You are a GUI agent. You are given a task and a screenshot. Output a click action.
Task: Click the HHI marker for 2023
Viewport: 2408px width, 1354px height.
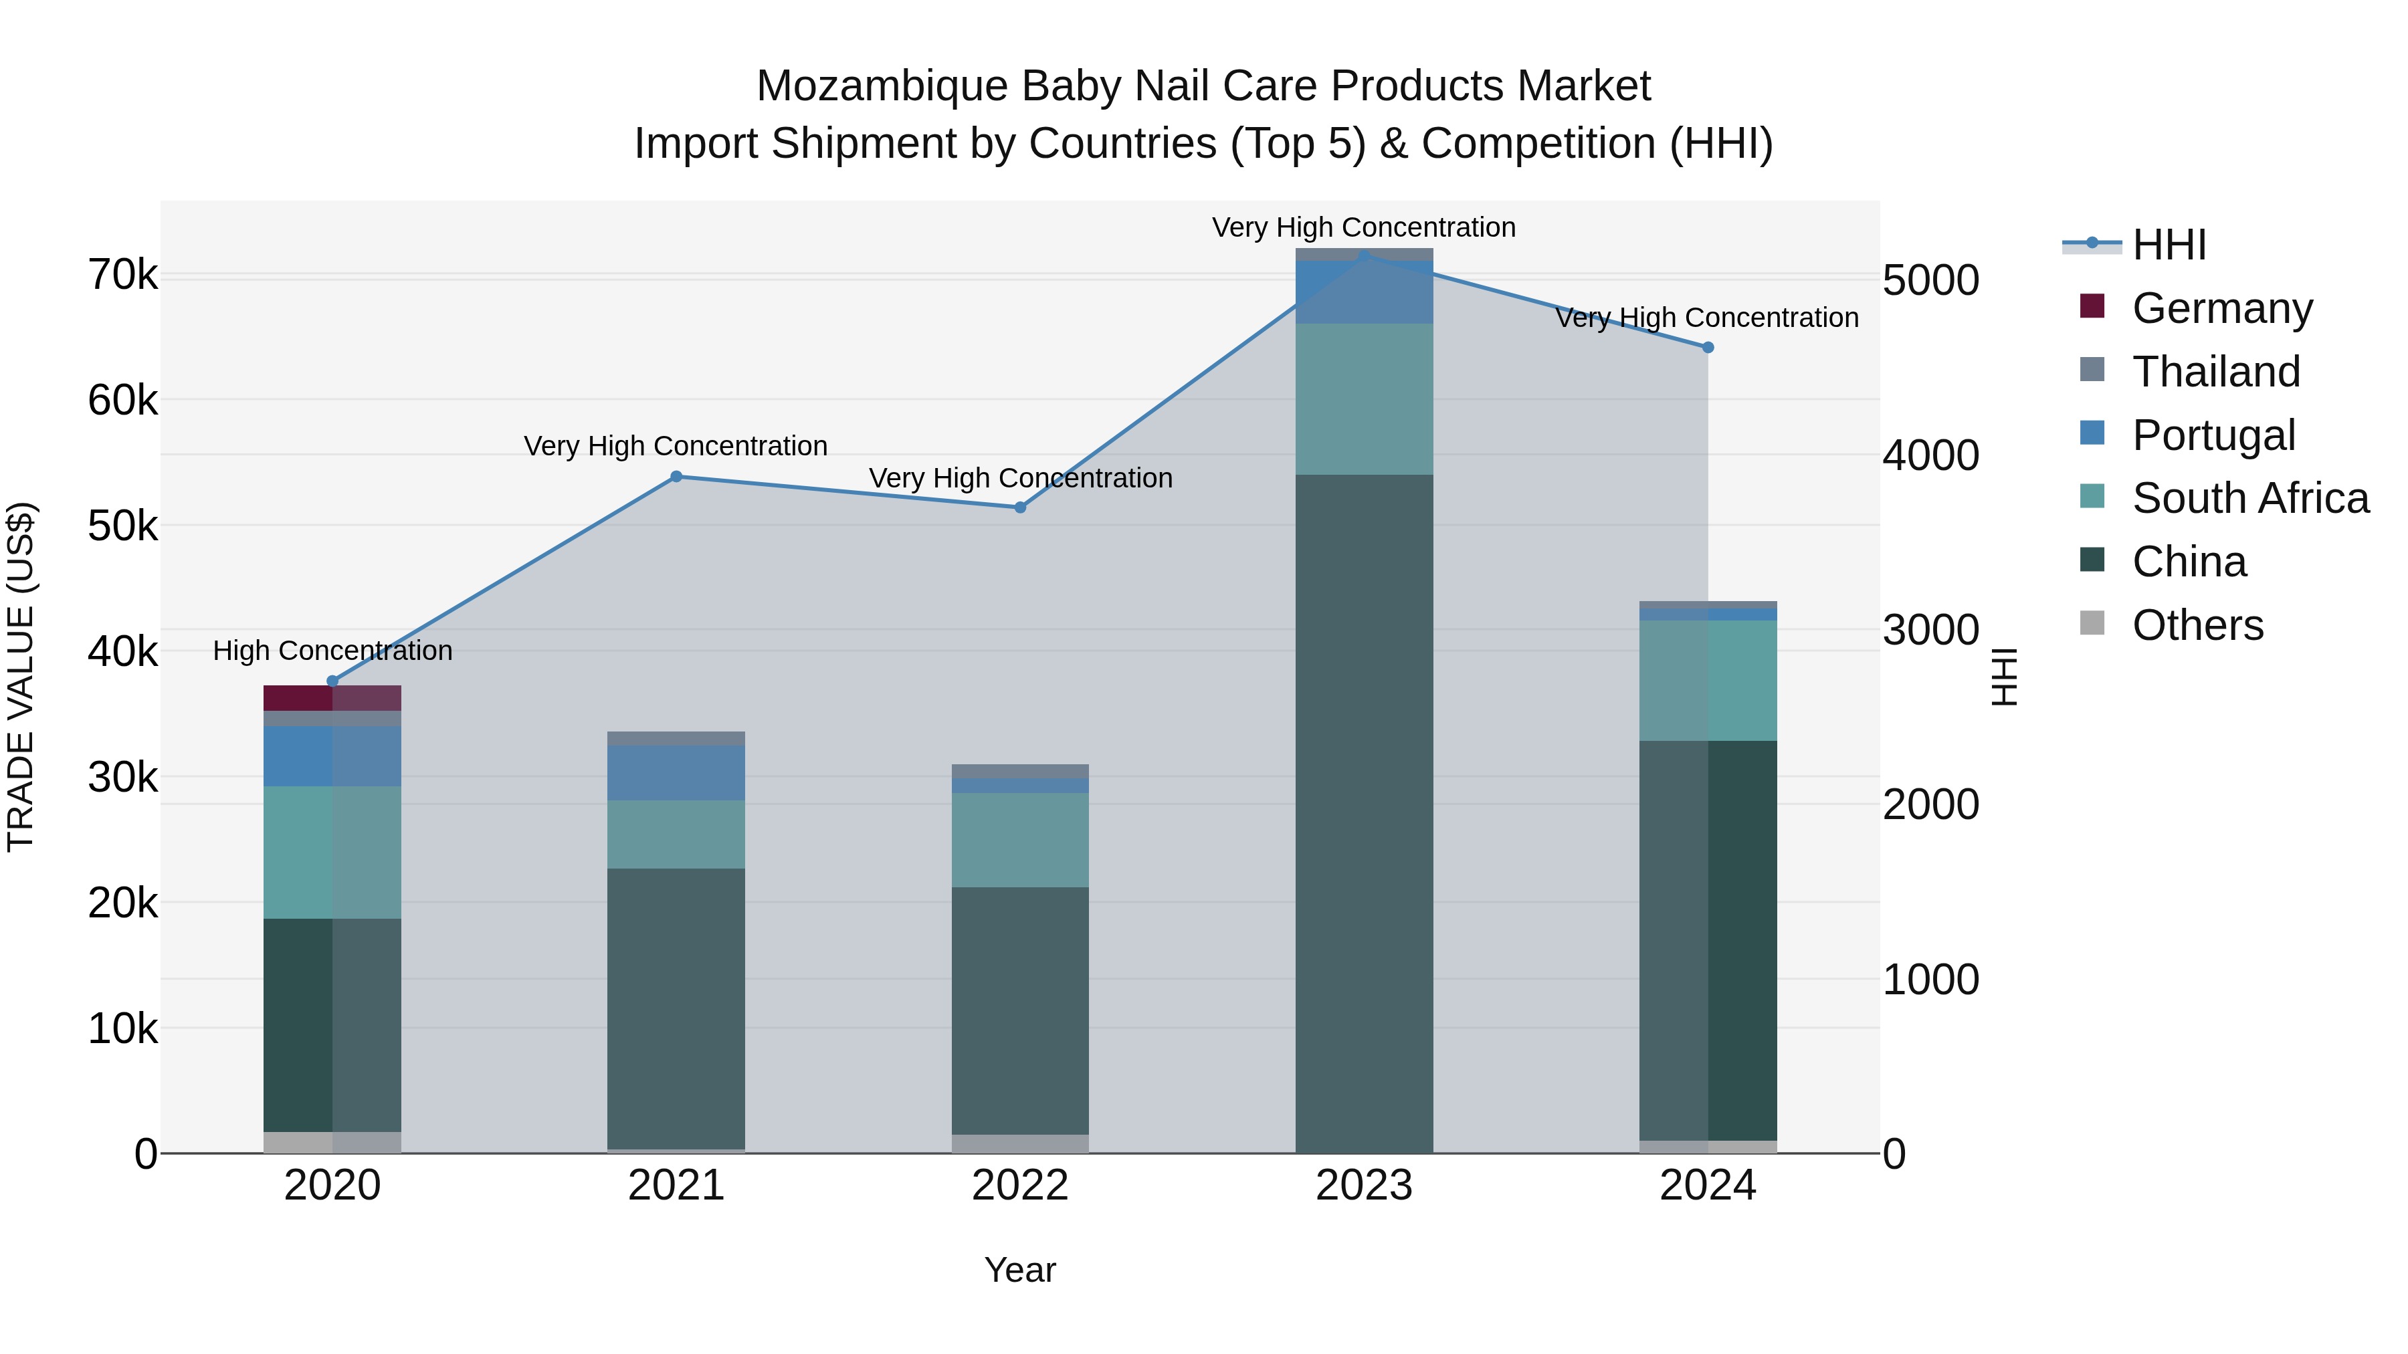[x=1364, y=256]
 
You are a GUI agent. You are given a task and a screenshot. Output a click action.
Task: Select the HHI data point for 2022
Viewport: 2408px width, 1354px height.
[x=1020, y=507]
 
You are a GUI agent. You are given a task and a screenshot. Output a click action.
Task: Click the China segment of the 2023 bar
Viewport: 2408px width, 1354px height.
[x=1364, y=813]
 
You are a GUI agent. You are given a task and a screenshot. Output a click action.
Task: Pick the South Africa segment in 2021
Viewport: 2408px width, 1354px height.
[x=676, y=834]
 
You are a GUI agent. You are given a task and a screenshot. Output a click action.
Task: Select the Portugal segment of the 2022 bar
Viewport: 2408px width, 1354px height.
[x=1020, y=786]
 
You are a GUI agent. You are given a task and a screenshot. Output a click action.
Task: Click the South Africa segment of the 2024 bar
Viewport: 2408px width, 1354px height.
[x=1708, y=680]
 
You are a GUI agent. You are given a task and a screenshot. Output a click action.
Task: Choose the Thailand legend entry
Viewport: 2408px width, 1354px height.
[x=2215, y=371]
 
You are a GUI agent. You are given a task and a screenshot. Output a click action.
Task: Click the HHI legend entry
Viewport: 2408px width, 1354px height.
[x=2169, y=245]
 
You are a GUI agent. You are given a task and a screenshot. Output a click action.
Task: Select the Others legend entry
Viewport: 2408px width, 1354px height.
[x=2197, y=625]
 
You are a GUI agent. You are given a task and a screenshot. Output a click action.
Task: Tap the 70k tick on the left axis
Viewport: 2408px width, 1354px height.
[x=122, y=275]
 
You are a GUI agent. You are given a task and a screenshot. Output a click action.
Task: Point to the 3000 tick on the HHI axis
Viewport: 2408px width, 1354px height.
[x=1930, y=631]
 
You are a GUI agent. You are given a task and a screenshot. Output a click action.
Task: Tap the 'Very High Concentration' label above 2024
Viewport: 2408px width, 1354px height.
[x=1707, y=318]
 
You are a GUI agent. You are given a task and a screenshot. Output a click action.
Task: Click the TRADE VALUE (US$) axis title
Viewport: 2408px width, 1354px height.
[x=21, y=677]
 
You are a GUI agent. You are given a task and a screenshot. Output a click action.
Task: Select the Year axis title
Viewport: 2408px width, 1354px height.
[x=1020, y=1270]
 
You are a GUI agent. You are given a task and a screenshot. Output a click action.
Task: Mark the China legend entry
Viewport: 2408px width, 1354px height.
[x=2189, y=562]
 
